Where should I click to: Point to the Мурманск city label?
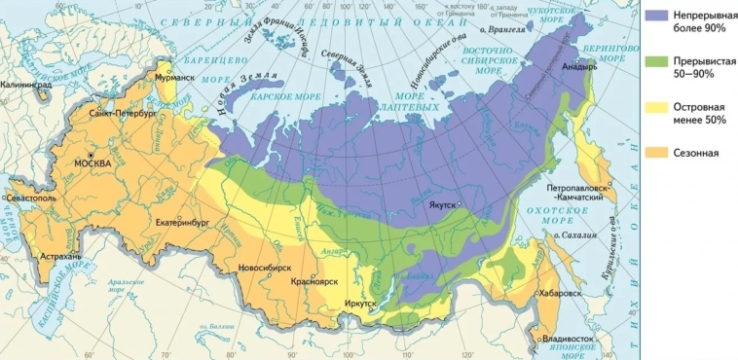(174, 77)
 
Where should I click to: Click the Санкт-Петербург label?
(122, 114)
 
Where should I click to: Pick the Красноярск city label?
(314, 281)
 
